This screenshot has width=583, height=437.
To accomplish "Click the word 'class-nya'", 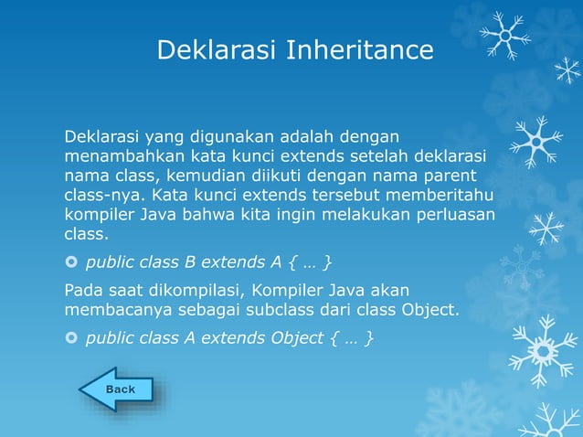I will pos(103,195).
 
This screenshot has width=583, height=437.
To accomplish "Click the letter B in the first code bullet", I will pos(190,263).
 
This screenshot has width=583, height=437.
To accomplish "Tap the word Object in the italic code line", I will pos(297,338).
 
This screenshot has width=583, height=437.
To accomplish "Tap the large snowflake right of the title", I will pos(503,36).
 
